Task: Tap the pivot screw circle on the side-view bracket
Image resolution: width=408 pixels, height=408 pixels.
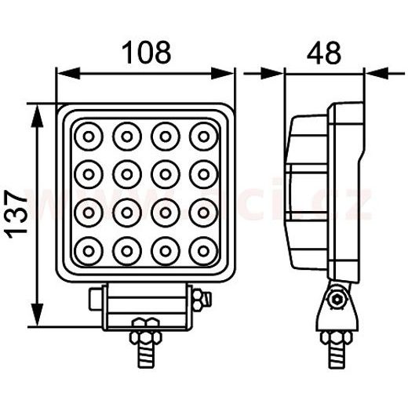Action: coord(337,299)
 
